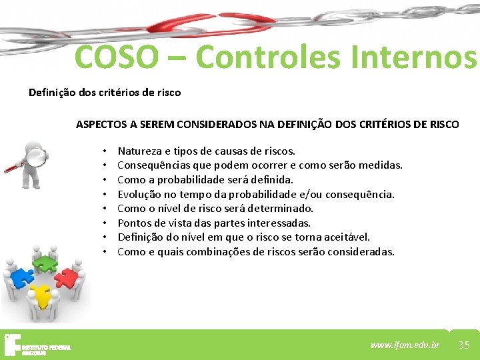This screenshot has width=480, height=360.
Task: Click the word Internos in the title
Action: click(x=421, y=57)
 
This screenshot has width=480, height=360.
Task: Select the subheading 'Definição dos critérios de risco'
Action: click(x=105, y=93)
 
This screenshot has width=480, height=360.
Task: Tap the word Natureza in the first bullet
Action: click(x=139, y=151)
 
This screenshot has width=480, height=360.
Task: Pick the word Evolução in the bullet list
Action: click(x=139, y=194)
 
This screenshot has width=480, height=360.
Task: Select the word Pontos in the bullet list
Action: click(x=133, y=223)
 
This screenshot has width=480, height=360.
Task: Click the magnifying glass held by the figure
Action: click(x=37, y=157)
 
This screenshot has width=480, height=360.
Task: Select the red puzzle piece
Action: click(x=67, y=277)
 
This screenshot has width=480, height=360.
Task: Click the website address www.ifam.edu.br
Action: click(x=405, y=345)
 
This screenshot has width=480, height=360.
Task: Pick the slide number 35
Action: click(x=464, y=345)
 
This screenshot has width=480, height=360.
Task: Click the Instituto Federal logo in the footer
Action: click(x=37, y=345)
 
